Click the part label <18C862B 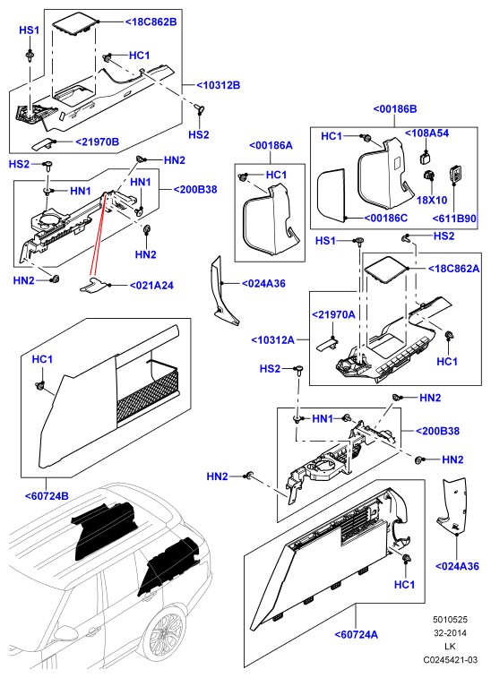pyautogui.click(x=151, y=21)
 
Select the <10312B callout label pyautogui.click(x=218, y=85)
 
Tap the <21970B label pyautogui.click(x=98, y=142)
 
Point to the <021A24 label pyautogui.click(x=151, y=286)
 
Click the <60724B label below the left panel pyautogui.click(x=47, y=496)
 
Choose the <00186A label pyautogui.click(x=271, y=145)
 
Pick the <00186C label pyautogui.click(x=386, y=218)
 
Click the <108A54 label pyautogui.click(x=426, y=133)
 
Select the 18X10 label pyautogui.click(x=432, y=201)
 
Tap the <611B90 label pyautogui.click(x=454, y=219)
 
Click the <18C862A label pyautogui.click(x=453, y=269)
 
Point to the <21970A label pyautogui.click(x=333, y=314)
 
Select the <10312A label pyautogui.click(x=273, y=339)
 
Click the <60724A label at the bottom pyautogui.click(x=357, y=634)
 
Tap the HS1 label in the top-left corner pyautogui.click(x=29, y=30)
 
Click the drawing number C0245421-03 pyautogui.click(x=451, y=660)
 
